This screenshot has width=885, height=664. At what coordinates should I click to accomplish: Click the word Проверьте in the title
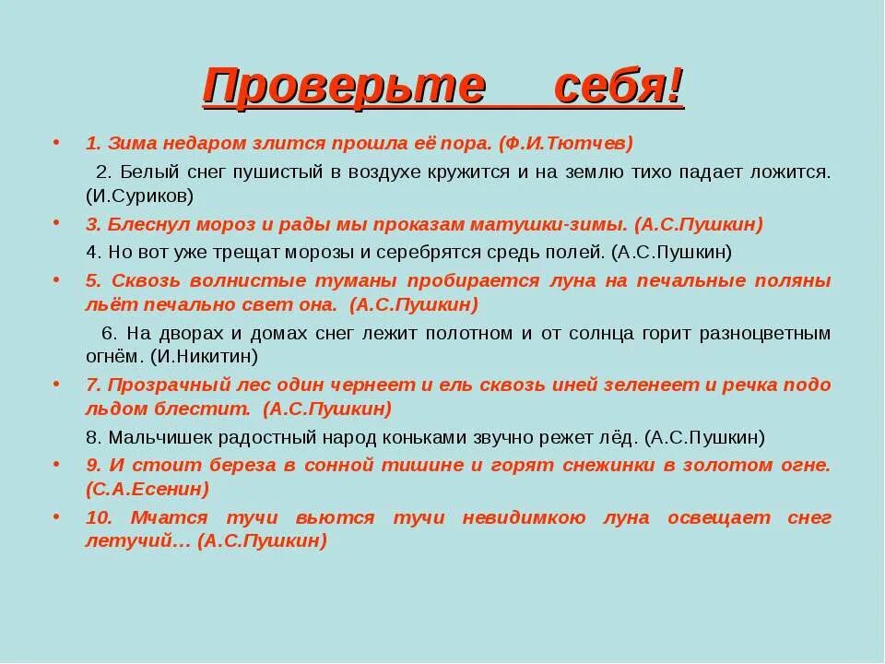tap(343, 87)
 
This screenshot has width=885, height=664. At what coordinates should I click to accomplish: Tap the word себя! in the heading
tap(619, 87)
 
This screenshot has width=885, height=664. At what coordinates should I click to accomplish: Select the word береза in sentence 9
tap(240, 465)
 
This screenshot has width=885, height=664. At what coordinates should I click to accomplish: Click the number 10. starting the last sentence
tap(98, 517)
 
